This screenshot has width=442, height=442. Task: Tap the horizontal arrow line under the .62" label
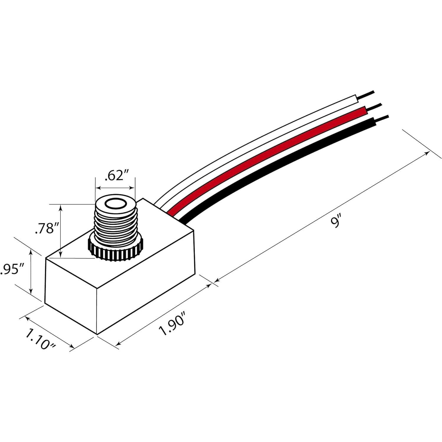(115, 188)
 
